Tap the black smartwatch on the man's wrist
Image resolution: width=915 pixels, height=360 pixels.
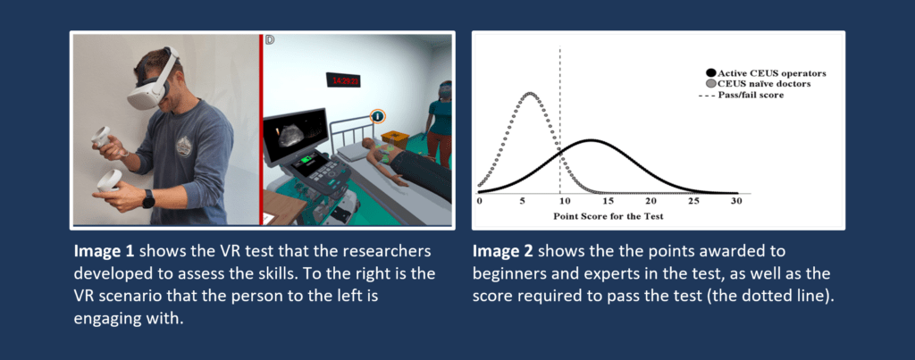tap(149, 199)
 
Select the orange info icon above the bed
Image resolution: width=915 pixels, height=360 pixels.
tap(378, 117)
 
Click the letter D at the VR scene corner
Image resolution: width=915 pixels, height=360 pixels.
tap(270, 39)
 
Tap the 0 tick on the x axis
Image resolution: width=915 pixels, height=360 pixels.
tap(480, 201)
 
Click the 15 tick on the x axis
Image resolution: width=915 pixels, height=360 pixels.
tap(608, 201)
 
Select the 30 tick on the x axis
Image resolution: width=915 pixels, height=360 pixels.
tap(736, 201)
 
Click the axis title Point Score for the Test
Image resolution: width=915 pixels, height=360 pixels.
tap(608, 216)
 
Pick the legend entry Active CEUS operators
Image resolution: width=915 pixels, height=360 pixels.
tap(766, 73)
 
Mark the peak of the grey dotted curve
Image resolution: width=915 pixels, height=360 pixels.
tap(530, 94)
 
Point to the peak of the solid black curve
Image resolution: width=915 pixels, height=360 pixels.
tap(592, 140)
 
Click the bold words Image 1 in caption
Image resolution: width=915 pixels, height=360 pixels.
tap(96, 251)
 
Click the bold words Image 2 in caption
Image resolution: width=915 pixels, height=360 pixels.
tap(495, 251)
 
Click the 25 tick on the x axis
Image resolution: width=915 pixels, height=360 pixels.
tap(693, 201)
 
